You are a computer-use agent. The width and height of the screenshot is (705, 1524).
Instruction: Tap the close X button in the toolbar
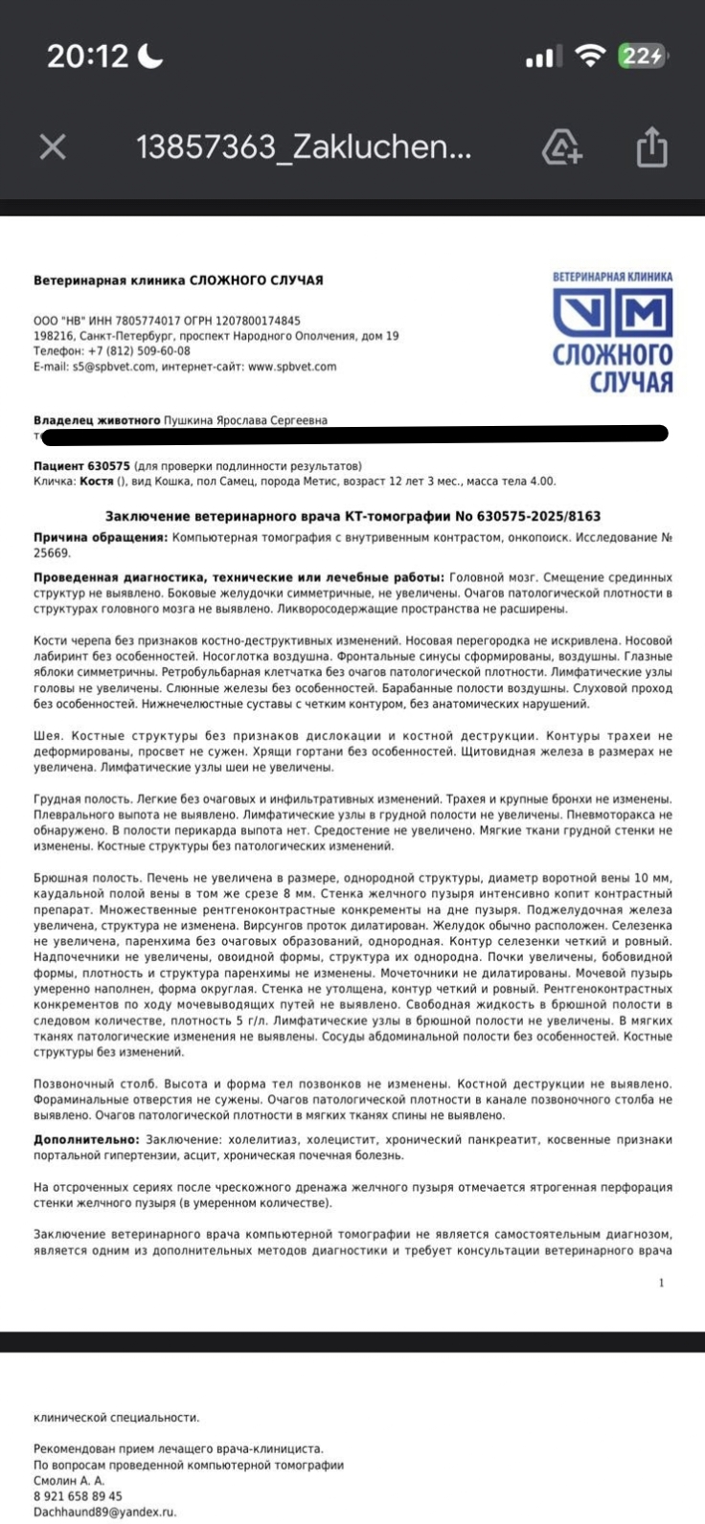(x=53, y=146)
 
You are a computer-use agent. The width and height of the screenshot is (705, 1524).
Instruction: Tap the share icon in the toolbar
(x=651, y=147)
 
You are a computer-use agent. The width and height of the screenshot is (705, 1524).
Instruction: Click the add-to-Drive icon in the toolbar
(x=561, y=147)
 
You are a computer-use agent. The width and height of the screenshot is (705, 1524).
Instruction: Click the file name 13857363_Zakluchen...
(x=304, y=147)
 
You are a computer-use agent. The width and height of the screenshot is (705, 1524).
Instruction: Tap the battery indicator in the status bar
(x=642, y=56)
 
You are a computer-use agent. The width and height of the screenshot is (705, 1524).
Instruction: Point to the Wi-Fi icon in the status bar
(x=590, y=56)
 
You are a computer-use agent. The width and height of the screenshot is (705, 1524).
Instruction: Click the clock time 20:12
(x=87, y=56)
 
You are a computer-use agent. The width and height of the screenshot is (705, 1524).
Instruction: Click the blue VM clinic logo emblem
(x=613, y=315)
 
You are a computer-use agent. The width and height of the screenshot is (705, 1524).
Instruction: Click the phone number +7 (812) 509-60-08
(x=139, y=351)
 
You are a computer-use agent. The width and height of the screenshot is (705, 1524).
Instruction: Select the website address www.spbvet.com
(x=292, y=367)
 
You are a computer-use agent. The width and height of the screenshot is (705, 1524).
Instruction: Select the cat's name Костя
(x=98, y=482)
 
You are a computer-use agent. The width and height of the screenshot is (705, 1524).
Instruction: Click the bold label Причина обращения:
(x=101, y=538)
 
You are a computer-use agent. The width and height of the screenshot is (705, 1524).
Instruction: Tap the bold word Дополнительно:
(x=87, y=1140)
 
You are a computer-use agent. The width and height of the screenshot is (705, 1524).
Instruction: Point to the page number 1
(x=661, y=1283)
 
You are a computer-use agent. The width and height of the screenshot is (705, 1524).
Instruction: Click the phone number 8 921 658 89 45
(x=79, y=1496)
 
